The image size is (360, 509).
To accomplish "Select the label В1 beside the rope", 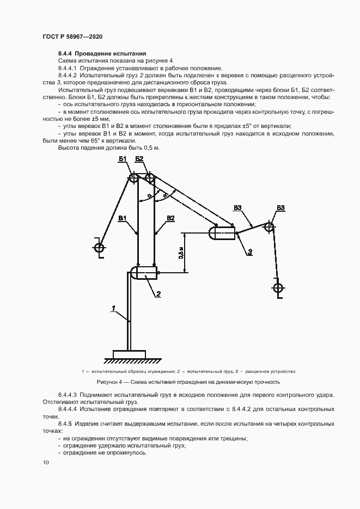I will (x=123, y=218).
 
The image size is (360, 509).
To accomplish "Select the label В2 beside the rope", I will (x=170, y=218).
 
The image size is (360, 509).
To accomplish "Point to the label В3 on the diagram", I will (x=237, y=207).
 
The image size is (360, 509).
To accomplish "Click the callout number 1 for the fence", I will (x=113, y=309).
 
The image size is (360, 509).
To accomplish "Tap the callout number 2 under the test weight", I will (x=158, y=295).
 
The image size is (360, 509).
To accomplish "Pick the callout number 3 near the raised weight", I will (x=249, y=252).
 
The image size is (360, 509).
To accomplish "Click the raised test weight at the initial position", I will (x=222, y=233).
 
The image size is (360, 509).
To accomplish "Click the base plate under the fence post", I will (x=129, y=354).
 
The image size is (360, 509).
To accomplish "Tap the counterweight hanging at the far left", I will (x=99, y=248).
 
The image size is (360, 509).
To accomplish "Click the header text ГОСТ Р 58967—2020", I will (x=72, y=36).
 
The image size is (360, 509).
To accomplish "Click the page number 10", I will (x=46, y=463).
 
